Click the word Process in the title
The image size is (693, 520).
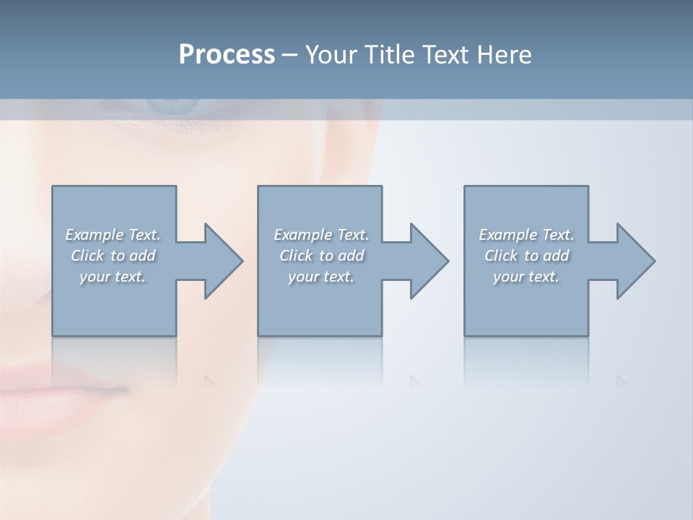coord(227,55)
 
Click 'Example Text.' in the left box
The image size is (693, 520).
coord(113,235)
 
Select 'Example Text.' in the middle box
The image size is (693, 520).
coord(321,235)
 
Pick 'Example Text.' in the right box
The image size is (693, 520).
coord(526,235)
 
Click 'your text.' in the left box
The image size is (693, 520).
coord(113,277)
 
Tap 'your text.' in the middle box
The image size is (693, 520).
coord(321,277)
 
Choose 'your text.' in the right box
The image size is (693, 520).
coord(526,277)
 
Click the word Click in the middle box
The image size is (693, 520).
coord(295,256)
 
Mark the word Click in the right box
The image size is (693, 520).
coord(500,256)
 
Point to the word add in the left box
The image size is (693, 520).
coord(143,256)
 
